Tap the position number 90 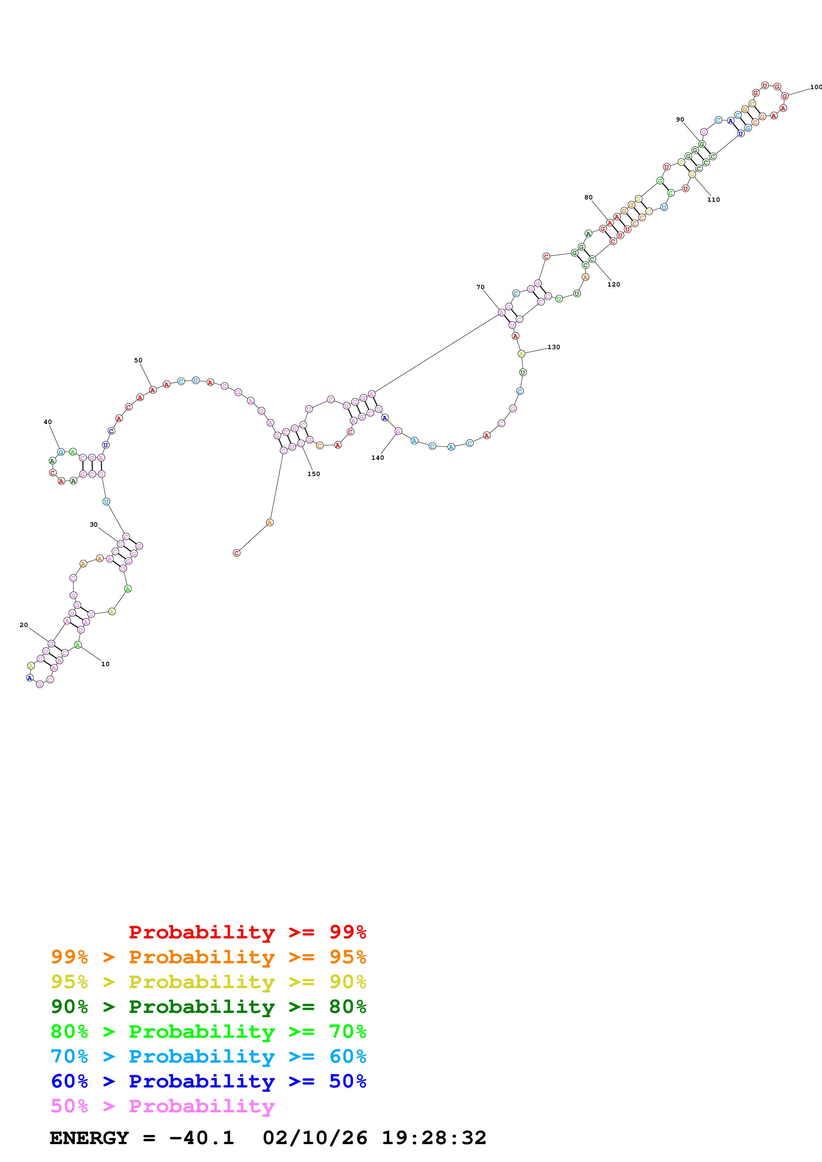click(x=680, y=120)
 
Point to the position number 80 click(x=588, y=197)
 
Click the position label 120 click(x=613, y=285)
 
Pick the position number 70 click(x=480, y=287)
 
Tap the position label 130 click(x=553, y=347)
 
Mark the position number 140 click(x=377, y=457)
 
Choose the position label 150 click(x=313, y=474)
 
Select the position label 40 click(x=48, y=422)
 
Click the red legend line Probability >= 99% click(x=247, y=932)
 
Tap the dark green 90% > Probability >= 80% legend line click(x=208, y=1007)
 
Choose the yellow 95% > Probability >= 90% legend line click(x=208, y=982)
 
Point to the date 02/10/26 click(x=315, y=1138)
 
